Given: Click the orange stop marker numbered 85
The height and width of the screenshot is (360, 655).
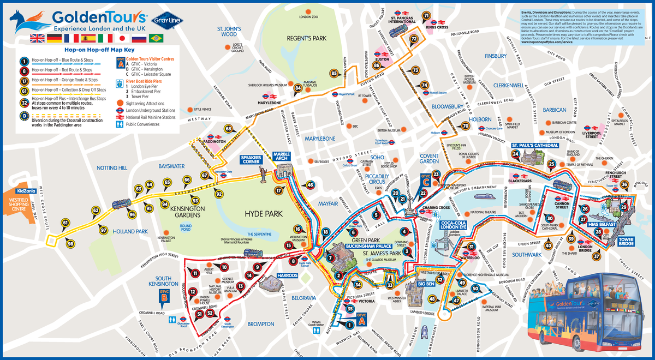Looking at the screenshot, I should pos(335,74).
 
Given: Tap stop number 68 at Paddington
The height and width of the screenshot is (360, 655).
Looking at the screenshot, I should pos(228,129).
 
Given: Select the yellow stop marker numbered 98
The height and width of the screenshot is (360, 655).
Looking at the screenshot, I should pos(70,244).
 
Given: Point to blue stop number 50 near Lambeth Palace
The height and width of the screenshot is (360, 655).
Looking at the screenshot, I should pos(475,289).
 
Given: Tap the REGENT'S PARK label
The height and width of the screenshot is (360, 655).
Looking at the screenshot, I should pos(307,38).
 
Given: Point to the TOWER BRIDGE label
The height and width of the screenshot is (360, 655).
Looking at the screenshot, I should pos(626,242).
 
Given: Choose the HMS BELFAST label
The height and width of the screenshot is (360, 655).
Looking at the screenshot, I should pos(602,224).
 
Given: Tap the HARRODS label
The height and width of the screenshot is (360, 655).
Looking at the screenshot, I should pos(287,276).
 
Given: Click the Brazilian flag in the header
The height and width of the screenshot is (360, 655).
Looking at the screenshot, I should pos(157,38).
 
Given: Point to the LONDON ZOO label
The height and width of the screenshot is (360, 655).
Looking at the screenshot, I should pos(309,17).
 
